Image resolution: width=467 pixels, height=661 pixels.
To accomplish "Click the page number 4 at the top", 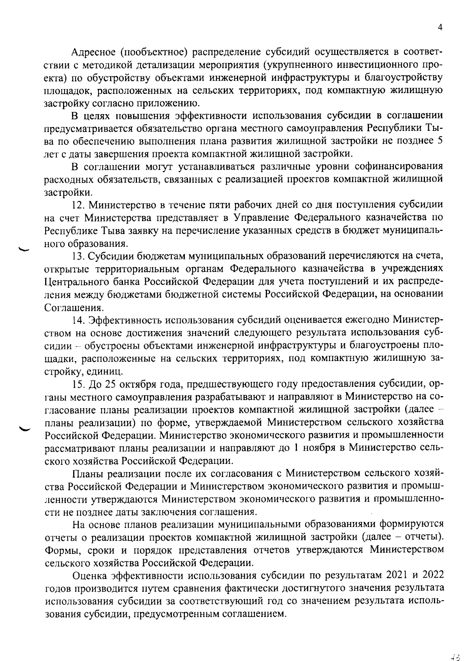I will (441, 27).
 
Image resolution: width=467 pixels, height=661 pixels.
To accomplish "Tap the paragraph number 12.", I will (78, 204).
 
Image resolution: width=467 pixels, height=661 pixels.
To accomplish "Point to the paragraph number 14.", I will (78, 320).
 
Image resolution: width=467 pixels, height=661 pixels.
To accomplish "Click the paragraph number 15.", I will (78, 384).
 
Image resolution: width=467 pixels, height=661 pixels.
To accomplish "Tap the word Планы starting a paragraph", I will (87, 474).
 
